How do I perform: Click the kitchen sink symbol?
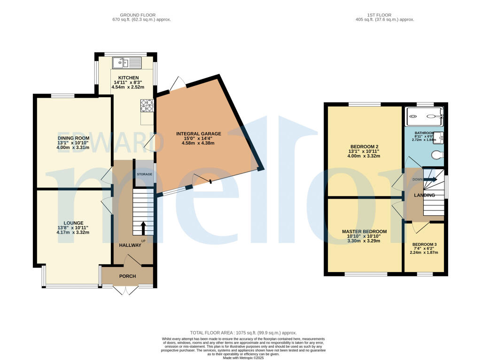127,63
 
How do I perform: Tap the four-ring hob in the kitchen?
147,106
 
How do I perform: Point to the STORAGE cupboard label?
144,174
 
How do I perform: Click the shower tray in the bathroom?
424,113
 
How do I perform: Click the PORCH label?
127,276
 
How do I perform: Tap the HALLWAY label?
130,245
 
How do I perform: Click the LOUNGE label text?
74,223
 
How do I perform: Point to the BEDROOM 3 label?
424,245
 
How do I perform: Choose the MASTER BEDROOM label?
364,232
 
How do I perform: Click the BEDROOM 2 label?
365,146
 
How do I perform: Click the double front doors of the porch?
124,290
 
